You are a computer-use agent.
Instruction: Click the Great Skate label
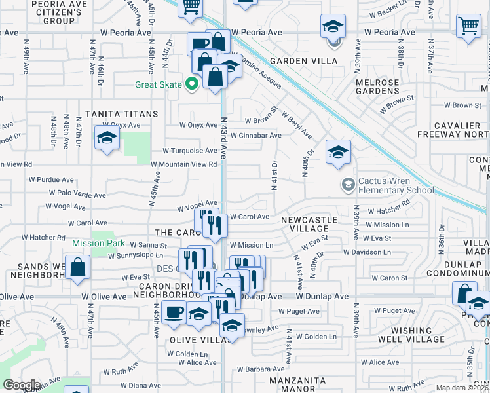(158, 84)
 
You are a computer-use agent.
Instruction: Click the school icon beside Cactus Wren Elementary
(347, 183)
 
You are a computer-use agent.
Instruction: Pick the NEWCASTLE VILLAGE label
(309, 225)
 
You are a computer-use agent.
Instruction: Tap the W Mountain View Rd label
(184, 165)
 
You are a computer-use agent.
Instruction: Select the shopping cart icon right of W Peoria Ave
(469, 27)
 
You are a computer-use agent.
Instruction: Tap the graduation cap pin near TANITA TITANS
(106, 138)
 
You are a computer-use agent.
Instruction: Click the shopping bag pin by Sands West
(78, 268)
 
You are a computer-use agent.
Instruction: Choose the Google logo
(21, 385)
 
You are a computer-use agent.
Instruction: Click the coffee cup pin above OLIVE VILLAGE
(174, 313)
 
